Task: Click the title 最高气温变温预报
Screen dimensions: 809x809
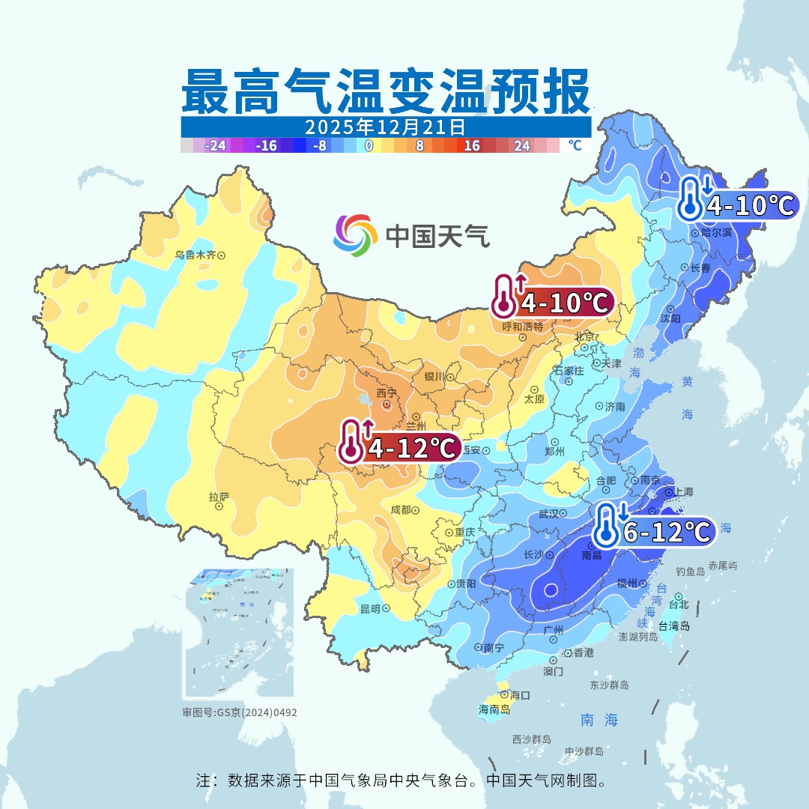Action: tap(385, 91)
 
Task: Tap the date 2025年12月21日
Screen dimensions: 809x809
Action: tap(385, 126)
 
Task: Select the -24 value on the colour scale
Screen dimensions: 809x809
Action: tap(216, 146)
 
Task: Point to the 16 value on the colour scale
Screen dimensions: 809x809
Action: tap(472, 146)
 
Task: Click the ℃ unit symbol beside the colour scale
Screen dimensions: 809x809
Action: tap(575, 145)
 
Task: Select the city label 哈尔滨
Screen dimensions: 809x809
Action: tap(716, 233)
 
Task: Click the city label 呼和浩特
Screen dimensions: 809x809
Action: tap(522, 327)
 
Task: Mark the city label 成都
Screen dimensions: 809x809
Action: tap(401, 509)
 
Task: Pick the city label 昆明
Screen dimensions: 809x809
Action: tap(370, 608)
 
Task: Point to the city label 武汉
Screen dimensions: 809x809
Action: tap(549, 514)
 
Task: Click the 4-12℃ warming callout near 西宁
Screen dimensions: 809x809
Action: tap(400, 448)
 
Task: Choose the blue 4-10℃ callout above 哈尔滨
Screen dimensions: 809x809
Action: tap(738, 204)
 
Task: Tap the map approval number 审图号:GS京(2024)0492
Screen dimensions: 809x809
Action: tap(240, 712)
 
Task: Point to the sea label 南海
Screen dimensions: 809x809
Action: tap(599, 720)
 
